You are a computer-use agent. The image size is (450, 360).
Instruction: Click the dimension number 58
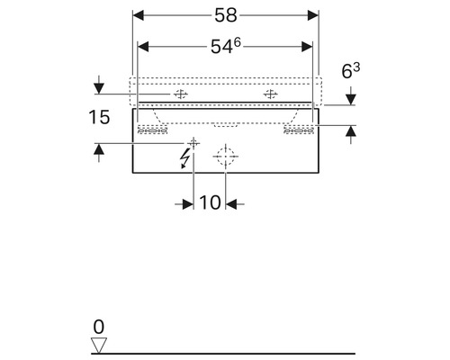[226, 15]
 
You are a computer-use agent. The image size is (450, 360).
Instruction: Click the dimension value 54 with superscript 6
[226, 46]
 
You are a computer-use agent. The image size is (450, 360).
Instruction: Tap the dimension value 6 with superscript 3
[351, 71]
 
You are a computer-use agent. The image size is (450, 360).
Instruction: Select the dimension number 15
[99, 117]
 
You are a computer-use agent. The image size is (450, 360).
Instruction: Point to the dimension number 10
[210, 202]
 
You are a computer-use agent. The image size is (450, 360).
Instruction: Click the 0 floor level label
[99, 327]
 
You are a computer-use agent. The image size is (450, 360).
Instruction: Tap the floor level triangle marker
[99, 345]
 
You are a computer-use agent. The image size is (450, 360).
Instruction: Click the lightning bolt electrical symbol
[184, 158]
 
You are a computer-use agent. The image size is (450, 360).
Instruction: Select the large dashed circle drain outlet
[226, 157]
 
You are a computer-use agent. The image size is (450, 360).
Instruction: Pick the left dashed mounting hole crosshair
[181, 94]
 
